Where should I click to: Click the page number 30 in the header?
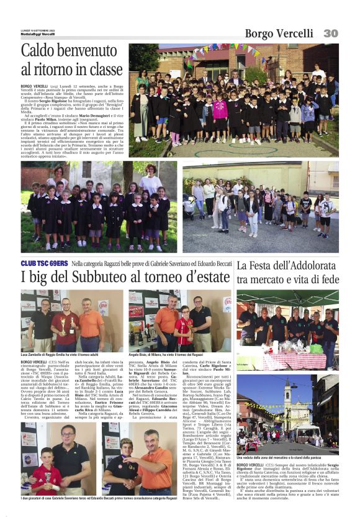tap(330, 33)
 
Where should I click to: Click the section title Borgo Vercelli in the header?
tap(278, 34)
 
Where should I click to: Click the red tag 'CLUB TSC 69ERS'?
tap(43, 264)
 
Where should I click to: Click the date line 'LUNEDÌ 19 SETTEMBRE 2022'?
tap(38, 29)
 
